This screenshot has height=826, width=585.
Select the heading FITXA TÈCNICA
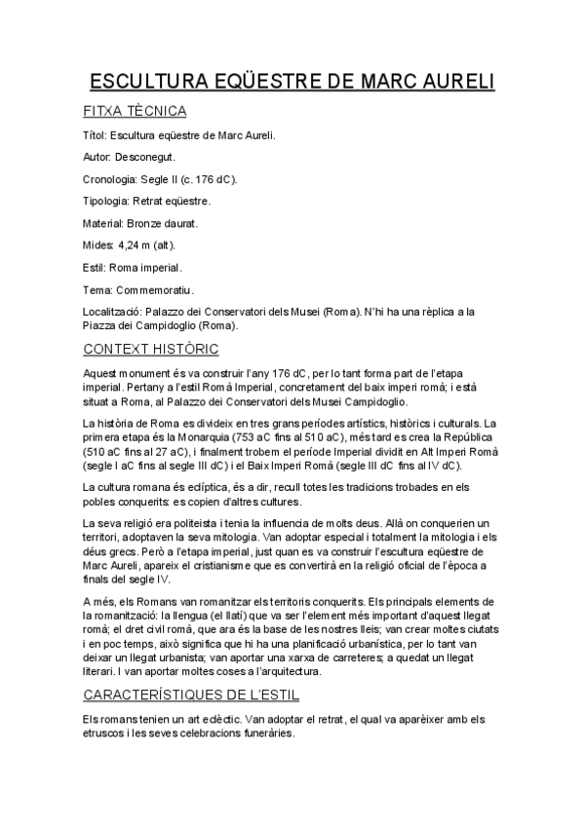tap(135, 111)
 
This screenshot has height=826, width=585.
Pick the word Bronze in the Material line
tap(144, 223)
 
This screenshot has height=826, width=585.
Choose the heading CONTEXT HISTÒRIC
tap(151, 349)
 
